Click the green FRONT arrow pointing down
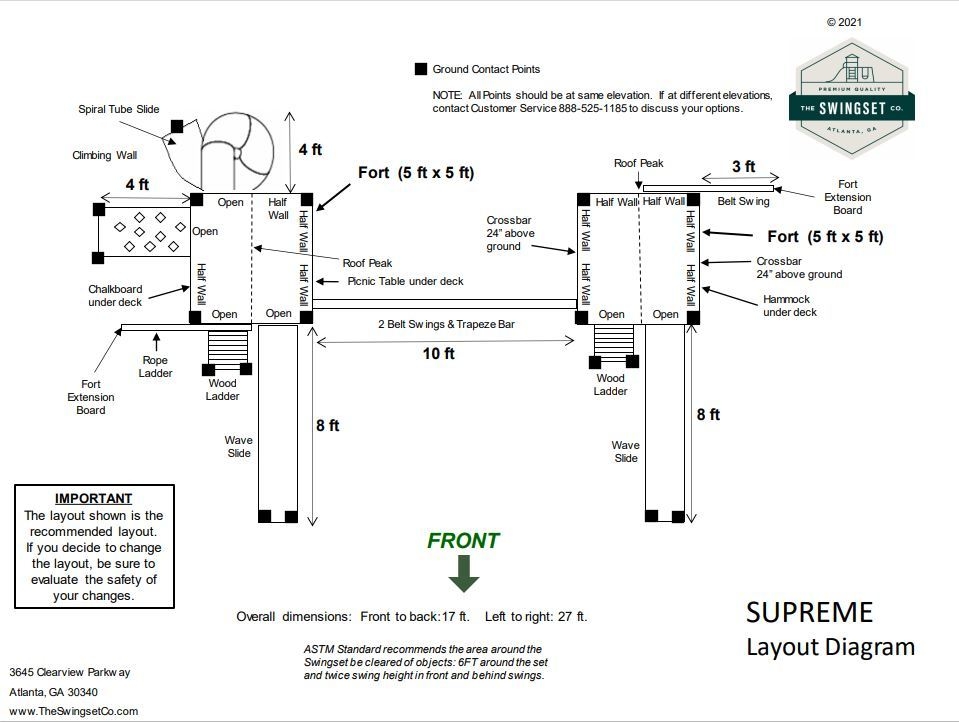click(464, 573)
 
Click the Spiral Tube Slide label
click(119, 109)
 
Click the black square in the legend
click(420, 69)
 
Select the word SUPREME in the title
click(809, 612)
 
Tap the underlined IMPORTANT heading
click(93, 498)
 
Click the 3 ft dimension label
click(743, 167)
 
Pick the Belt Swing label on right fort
click(744, 201)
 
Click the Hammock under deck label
click(790, 305)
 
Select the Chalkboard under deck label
click(115, 295)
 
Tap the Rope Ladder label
click(155, 366)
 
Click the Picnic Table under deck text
click(405, 281)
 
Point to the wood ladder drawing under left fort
click(222, 347)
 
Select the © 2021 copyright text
click(843, 22)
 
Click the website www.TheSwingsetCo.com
click(74, 711)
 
